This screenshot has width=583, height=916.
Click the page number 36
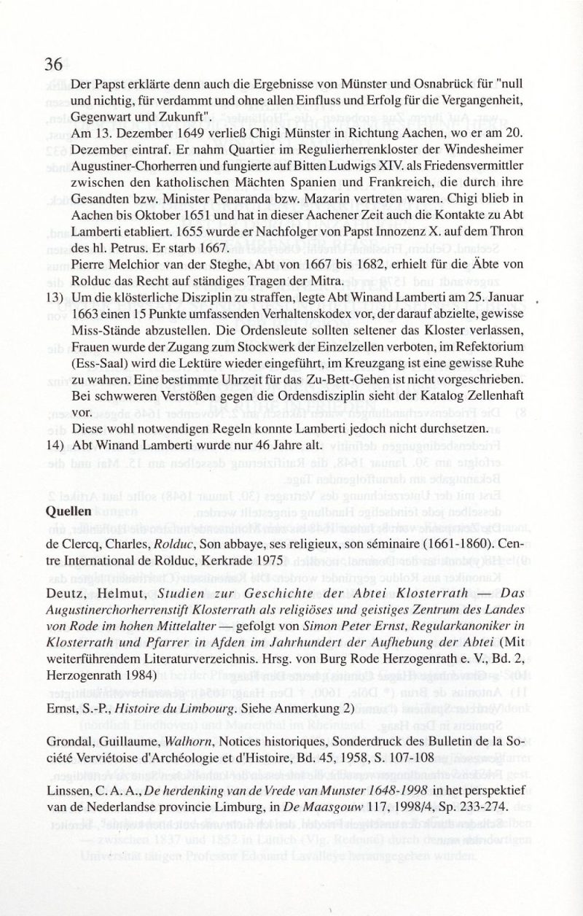54,64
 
